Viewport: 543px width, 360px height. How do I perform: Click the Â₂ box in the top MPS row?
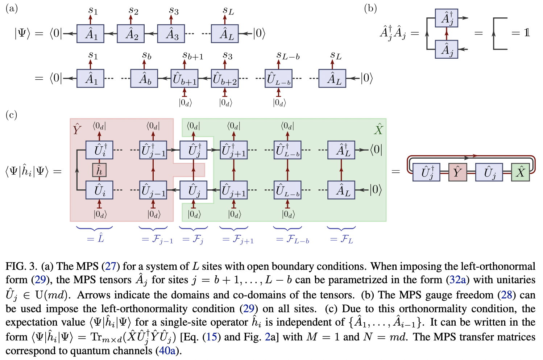coord(130,34)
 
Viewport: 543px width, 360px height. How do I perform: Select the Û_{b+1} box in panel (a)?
coord(185,79)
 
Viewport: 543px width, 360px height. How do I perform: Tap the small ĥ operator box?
coord(99,170)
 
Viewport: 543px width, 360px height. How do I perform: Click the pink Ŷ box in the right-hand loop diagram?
coord(457,172)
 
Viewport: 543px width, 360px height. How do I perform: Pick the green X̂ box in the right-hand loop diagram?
coord(520,172)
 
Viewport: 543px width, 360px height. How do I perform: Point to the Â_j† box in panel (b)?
coord(447,18)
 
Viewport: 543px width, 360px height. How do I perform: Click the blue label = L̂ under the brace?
coord(95,239)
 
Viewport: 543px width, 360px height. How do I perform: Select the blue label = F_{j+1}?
coord(238,239)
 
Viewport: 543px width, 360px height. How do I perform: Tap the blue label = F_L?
coord(341,239)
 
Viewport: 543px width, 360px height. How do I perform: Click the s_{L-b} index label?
coord(288,56)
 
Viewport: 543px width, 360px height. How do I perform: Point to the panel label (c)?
coord(12,115)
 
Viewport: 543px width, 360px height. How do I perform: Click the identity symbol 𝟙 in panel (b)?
coord(527,33)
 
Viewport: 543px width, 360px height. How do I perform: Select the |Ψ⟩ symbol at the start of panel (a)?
coord(24,33)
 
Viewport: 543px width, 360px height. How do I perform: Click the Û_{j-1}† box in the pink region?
coord(153,150)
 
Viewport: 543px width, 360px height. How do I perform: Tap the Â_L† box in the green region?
coord(341,150)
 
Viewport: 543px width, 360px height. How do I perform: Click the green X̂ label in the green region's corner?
coord(378,129)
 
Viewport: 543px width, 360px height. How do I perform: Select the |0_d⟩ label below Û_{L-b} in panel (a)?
coord(279,102)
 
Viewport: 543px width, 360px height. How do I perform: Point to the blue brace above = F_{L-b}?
coord(287,228)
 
